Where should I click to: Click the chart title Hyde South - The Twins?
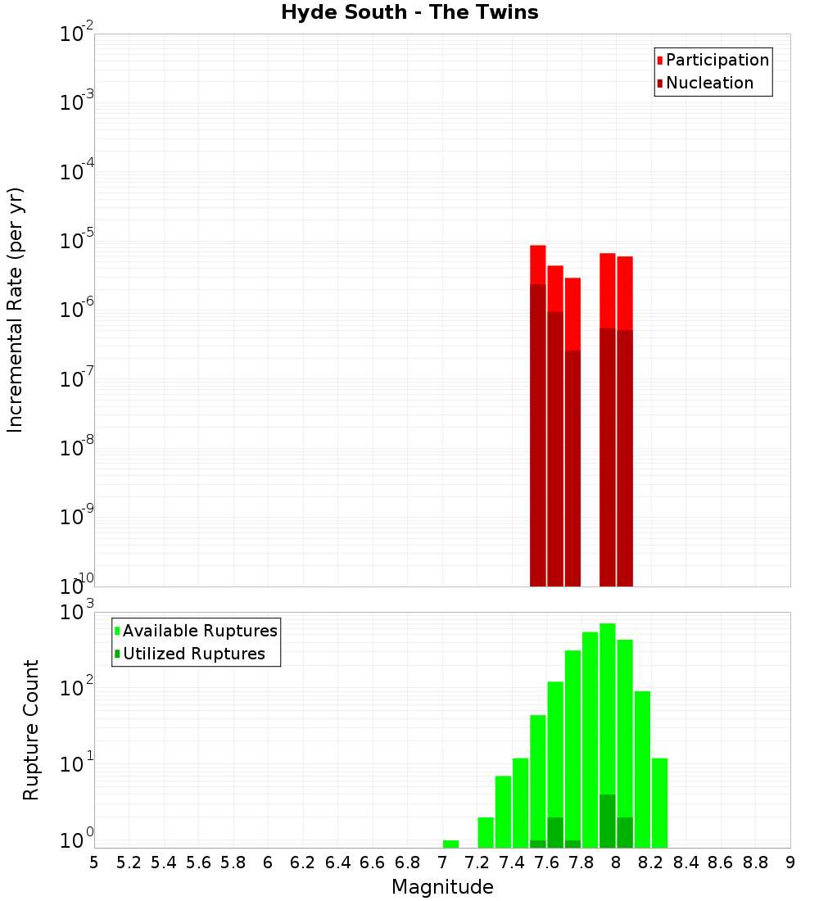point(409,13)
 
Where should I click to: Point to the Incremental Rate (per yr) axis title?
point(16,310)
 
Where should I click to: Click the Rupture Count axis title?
point(31,730)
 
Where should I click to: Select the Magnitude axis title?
point(442,887)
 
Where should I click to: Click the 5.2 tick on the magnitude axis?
point(129,863)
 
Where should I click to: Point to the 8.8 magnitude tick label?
point(755,863)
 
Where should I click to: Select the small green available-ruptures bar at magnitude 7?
point(450,844)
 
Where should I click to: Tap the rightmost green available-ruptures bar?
point(659,803)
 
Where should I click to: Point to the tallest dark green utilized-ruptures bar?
point(607,821)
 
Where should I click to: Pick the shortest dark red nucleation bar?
point(572,467)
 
